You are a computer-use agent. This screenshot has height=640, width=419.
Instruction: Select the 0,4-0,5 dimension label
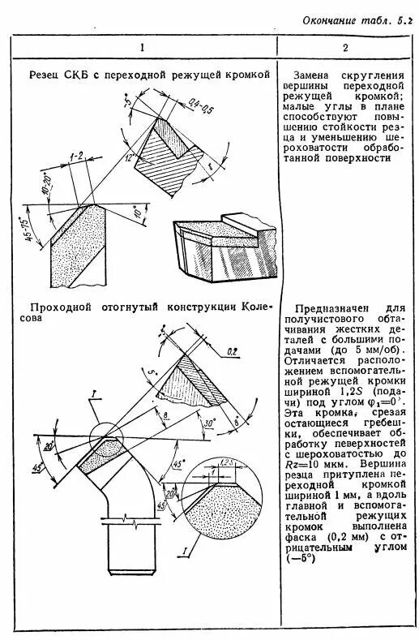pos(195,105)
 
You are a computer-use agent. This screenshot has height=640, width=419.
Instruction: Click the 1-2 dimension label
pos(77,154)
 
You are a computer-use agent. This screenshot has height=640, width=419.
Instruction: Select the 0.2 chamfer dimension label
pos(233,351)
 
